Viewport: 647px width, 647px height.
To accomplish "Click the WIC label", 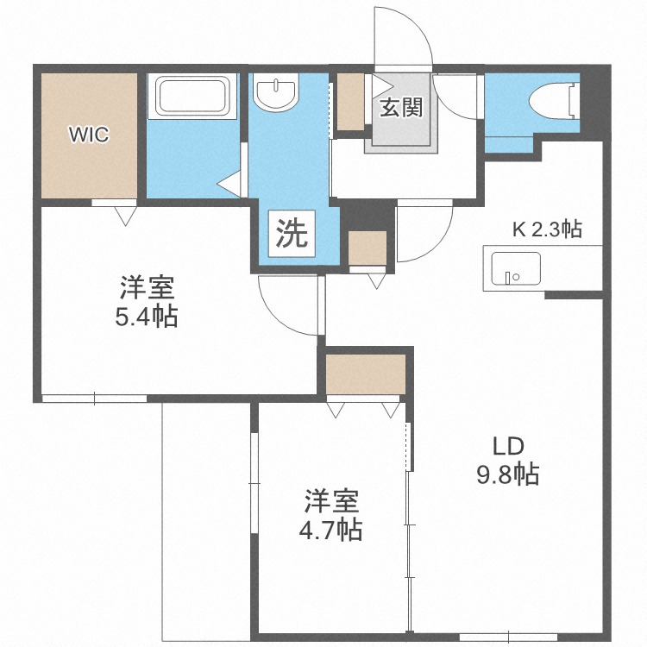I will click(90, 134).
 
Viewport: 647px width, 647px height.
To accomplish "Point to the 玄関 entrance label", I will click(401, 109).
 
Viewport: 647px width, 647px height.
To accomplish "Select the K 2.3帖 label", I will click(547, 229).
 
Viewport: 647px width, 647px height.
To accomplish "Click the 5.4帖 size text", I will click(147, 317).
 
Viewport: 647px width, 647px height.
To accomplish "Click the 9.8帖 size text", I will click(509, 474).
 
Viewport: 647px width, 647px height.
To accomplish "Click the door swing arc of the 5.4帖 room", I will click(289, 306).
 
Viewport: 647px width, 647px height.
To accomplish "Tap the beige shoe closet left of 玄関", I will click(350, 102).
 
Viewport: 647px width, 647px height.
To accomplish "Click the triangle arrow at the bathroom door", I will click(228, 183).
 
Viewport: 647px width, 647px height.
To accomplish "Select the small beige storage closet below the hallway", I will click(367, 248).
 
